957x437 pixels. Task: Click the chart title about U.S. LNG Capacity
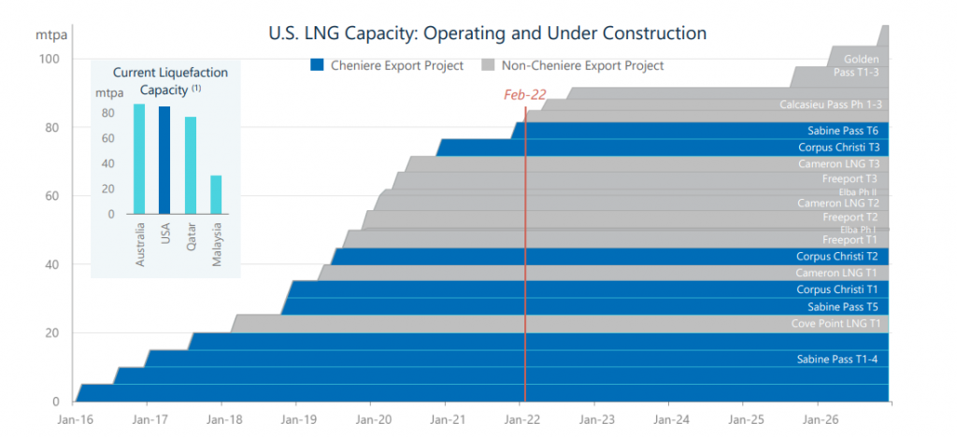(487, 34)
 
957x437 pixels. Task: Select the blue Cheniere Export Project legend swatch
(317, 65)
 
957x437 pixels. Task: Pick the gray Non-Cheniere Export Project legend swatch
(487, 65)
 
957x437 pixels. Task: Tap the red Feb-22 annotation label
(524, 95)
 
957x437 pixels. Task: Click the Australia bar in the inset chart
(139, 158)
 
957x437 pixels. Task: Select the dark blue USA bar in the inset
(164, 160)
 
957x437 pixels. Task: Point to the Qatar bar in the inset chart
(191, 164)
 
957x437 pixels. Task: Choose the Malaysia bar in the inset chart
(216, 194)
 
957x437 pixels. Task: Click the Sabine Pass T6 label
(842, 131)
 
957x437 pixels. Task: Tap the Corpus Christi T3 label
(837, 148)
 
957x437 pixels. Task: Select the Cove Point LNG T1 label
(835, 324)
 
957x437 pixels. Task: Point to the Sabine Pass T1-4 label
(837, 359)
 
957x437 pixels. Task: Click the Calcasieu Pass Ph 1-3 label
(831, 105)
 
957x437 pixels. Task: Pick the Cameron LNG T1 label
(836, 273)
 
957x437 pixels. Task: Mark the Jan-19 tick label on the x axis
(296, 419)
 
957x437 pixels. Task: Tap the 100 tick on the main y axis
(49, 60)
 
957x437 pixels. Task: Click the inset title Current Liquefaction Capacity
(170, 80)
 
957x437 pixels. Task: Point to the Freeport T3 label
(850, 178)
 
